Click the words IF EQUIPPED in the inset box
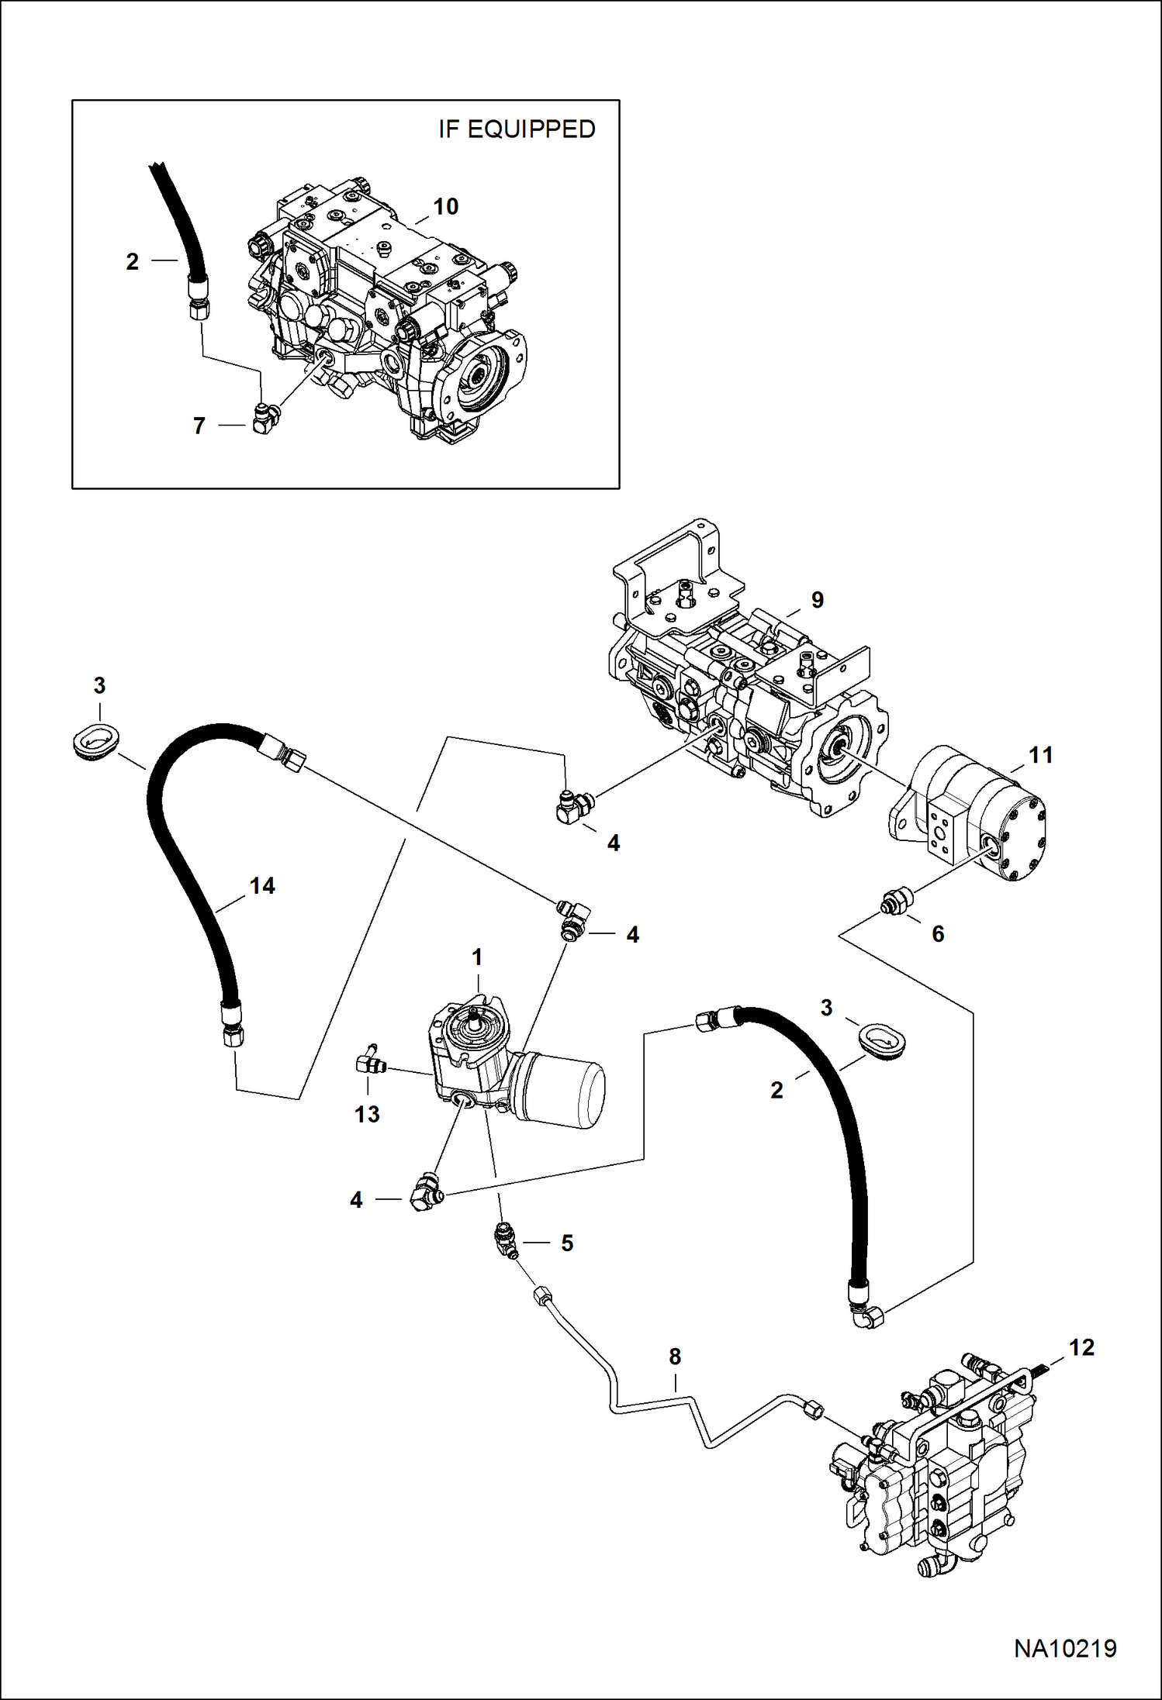click(517, 129)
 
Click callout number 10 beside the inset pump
click(445, 207)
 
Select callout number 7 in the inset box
click(199, 426)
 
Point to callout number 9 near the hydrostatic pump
click(817, 599)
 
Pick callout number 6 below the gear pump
click(938, 934)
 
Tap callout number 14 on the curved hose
click(262, 886)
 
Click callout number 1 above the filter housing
click(477, 957)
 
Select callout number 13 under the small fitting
click(367, 1114)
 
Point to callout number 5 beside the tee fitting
click(567, 1243)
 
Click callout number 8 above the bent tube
click(675, 1357)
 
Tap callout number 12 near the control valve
click(1081, 1348)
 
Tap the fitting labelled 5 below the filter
click(506, 1239)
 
